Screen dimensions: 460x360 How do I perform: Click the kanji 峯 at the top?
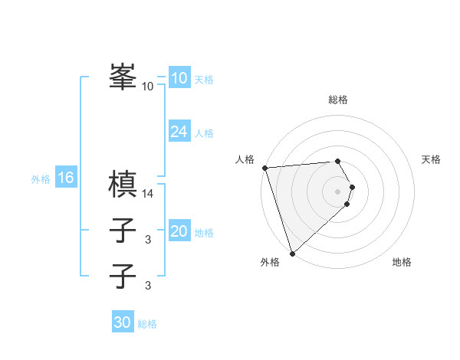(123, 77)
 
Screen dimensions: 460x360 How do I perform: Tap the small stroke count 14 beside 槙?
(148, 193)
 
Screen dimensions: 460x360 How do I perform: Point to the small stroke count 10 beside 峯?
(148, 87)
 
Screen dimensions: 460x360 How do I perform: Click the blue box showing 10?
(179, 78)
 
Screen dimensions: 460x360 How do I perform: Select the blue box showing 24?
(179, 132)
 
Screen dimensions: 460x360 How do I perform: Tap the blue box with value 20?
(179, 231)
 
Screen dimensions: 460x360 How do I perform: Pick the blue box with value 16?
(65, 178)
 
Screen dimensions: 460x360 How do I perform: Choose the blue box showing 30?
(122, 322)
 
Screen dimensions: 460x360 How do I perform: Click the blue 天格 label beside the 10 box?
(204, 80)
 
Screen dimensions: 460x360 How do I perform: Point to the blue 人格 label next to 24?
(204, 133)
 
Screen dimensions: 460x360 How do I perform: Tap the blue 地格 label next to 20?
(204, 233)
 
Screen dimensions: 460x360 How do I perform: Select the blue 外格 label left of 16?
(41, 179)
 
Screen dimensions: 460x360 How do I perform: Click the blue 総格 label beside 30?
(147, 324)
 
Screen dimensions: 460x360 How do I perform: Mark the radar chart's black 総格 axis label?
(338, 100)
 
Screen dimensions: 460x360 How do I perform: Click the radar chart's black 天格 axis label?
(432, 159)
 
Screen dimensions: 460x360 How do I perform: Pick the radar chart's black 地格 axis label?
(402, 262)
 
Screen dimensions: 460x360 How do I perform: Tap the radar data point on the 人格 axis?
(264, 168)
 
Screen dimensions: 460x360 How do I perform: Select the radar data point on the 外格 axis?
(292, 253)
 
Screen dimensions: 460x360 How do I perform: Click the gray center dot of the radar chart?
(338, 191)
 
